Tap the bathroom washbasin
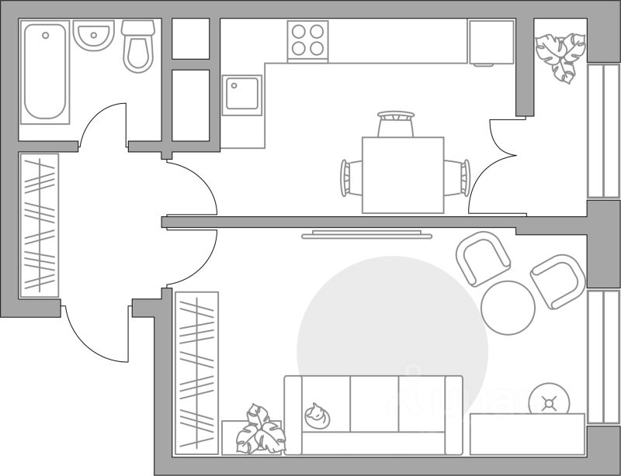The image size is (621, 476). (x=93, y=36)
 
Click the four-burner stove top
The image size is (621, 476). (x=307, y=40)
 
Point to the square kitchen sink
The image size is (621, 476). (x=241, y=95)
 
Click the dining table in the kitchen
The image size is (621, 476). (x=403, y=175)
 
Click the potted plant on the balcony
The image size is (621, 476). (x=560, y=54)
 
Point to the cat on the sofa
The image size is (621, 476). (x=316, y=416)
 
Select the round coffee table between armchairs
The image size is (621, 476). (x=508, y=307)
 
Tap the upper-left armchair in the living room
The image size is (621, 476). (x=483, y=259)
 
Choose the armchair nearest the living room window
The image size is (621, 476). (x=557, y=281)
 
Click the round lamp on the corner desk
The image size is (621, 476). (x=550, y=402)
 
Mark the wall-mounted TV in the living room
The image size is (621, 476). (x=366, y=234)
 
